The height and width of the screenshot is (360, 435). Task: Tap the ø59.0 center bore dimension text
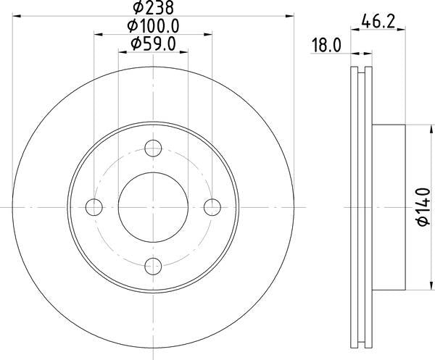tap(154, 45)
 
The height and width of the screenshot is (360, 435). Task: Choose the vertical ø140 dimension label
tap(424, 207)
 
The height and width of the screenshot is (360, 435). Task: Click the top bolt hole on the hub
tap(152, 150)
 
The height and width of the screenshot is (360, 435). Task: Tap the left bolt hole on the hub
tap(94, 207)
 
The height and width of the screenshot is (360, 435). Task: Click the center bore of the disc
tap(152, 207)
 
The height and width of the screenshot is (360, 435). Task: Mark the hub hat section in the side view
tap(389, 207)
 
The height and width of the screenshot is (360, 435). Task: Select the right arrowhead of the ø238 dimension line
tap(294, 13)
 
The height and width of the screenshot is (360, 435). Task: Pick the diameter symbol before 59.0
tap(135, 45)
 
